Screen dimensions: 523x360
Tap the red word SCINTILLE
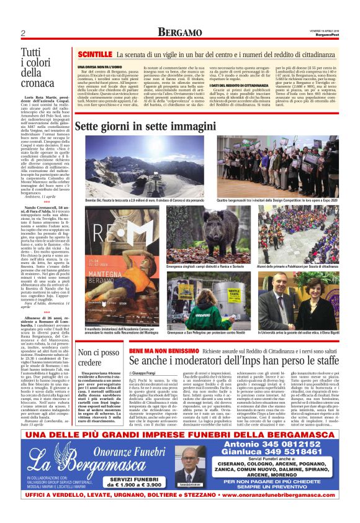point(95,55)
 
